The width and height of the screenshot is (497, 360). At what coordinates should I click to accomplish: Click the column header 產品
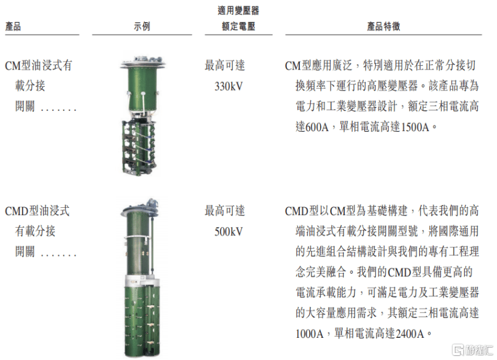(13, 26)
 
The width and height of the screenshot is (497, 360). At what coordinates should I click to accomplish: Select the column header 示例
(142, 26)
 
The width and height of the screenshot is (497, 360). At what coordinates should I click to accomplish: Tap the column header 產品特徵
(383, 26)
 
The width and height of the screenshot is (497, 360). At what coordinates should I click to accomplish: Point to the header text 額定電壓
(238, 26)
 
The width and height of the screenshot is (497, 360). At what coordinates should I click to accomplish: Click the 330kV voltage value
(229, 86)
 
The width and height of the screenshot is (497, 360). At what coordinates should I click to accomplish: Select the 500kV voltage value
(229, 232)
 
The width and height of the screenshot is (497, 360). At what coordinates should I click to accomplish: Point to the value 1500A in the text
(415, 127)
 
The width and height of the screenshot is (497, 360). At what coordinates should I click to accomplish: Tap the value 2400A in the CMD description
(410, 334)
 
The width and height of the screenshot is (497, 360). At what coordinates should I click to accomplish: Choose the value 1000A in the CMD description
(310, 334)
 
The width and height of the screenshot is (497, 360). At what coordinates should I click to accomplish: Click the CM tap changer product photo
(142, 116)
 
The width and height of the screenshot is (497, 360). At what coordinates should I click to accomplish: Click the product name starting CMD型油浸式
(37, 231)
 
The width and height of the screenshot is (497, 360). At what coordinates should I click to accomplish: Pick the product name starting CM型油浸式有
(39, 86)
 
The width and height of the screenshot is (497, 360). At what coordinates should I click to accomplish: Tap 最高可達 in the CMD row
(225, 211)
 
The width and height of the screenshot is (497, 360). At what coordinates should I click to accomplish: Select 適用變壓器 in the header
(238, 10)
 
